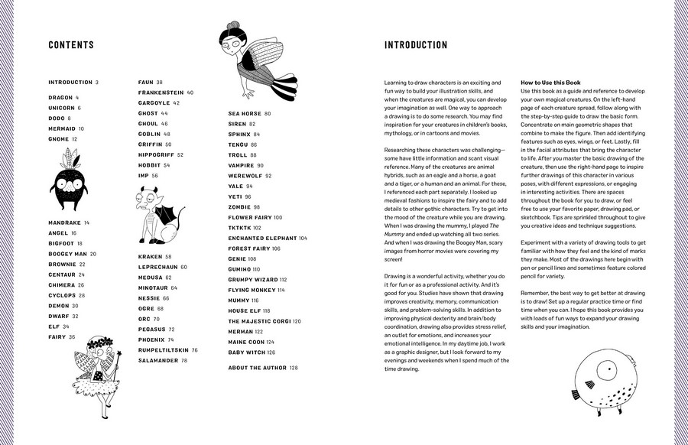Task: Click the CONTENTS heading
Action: coord(71,45)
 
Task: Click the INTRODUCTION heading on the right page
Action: coord(416,45)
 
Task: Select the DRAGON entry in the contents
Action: coord(60,98)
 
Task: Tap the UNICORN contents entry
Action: coord(62,108)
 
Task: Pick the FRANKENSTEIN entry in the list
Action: coord(161,93)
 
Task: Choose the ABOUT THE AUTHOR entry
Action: coord(256,368)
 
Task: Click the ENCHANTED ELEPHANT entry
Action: coord(263,238)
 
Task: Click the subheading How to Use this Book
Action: coord(550,82)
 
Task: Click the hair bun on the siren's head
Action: coord(228,28)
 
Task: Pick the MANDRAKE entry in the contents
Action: coord(65,222)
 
